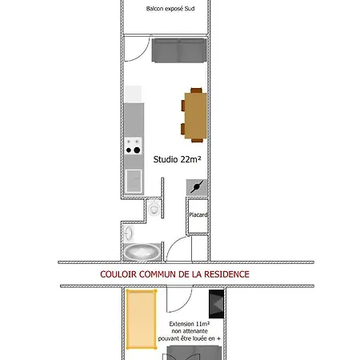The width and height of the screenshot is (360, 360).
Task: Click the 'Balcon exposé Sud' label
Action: pos(170,9)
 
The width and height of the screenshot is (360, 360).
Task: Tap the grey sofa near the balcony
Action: pos(179,50)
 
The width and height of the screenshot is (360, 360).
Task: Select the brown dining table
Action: pos(196,116)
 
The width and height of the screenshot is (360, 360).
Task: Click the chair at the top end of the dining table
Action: pos(196,90)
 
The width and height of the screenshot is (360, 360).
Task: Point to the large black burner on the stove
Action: pos(137,150)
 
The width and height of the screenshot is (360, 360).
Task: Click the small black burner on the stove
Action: pos(129,150)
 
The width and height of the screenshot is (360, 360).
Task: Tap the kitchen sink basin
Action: pos(134,181)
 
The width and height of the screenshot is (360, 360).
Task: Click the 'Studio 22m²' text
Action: pos(177,159)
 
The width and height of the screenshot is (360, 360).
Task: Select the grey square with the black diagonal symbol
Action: pos(197,187)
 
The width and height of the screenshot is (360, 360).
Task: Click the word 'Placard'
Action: pos(198,214)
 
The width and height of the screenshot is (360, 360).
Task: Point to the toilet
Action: pos(154,209)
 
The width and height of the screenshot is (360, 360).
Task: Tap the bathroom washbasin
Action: pos(129,234)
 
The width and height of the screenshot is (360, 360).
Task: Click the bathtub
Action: pos(142,252)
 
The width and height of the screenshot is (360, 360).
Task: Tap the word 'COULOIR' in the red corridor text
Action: pos(118,274)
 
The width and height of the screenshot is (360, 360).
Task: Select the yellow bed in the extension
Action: pos(141,319)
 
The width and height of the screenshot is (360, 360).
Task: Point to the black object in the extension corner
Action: pos(216,304)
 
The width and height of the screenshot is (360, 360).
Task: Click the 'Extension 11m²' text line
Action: pos(190,324)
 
